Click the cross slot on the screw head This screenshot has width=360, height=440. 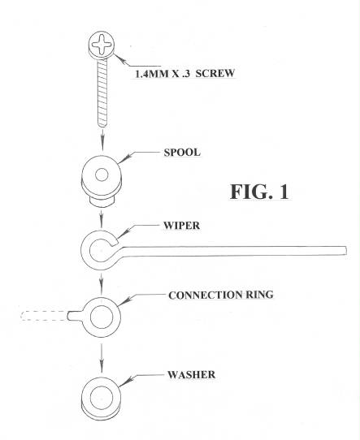pyautogui.click(x=102, y=44)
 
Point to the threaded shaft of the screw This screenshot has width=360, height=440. pyautogui.click(x=102, y=93)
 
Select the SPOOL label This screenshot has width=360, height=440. pyautogui.click(x=182, y=153)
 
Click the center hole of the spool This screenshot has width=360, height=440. pyautogui.click(x=102, y=175)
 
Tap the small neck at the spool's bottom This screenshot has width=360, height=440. pyautogui.click(x=102, y=201)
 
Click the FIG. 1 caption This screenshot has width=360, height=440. pyautogui.click(x=259, y=192)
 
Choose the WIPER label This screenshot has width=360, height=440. pyautogui.click(x=182, y=226)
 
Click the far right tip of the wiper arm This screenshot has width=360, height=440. pyautogui.click(x=345, y=250)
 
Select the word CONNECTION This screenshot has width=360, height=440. pyautogui.click(x=205, y=295)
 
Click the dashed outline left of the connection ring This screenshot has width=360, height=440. pyautogui.click(x=44, y=316)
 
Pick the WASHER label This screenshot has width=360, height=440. pyautogui.click(x=191, y=374)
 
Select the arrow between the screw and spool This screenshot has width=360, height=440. pyautogui.click(x=102, y=139)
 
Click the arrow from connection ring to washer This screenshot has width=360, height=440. pyautogui.click(x=102, y=358)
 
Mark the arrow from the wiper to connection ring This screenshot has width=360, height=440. pyautogui.click(x=102, y=283)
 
